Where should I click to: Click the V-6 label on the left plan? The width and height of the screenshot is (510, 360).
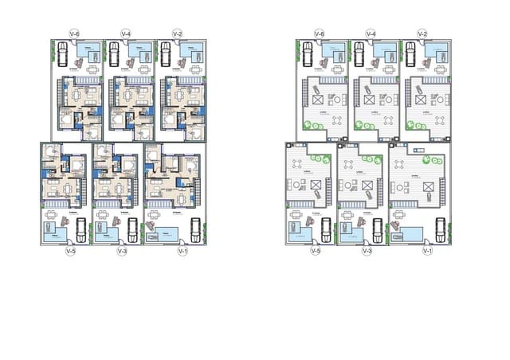tap(74, 33)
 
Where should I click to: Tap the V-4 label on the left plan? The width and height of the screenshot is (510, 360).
tap(126, 33)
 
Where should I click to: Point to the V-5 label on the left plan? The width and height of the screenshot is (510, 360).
tap(70, 252)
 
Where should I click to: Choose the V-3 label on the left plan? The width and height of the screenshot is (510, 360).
tap(122, 252)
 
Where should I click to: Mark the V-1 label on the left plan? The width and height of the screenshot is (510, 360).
tap(182, 252)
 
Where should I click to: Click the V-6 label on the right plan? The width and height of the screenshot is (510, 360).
tap(319, 33)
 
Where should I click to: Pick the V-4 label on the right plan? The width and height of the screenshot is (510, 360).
tap(371, 33)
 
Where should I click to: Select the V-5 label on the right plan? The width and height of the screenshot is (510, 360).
tap(315, 252)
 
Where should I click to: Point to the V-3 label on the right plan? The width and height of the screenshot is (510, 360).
tap(367, 252)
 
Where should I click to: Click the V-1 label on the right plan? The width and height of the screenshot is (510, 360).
tap(426, 252)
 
